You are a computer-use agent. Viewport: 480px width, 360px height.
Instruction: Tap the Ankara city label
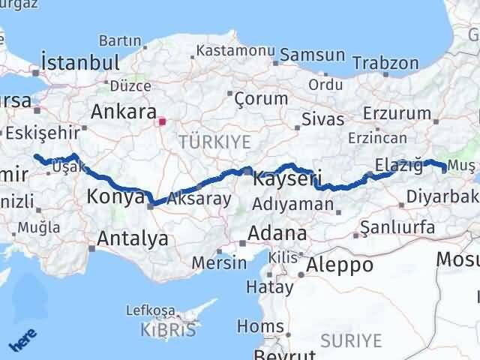(x=123, y=112)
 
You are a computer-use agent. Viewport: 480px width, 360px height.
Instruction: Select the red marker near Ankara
(x=162, y=118)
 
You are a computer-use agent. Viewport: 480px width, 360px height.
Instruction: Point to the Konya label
(x=116, y=197)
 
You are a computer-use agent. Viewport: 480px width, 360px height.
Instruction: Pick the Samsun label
(x=312, y=56)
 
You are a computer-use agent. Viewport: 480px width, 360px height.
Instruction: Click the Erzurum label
(x=397, y=113)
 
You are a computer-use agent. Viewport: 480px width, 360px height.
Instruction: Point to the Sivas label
(x=322, y=118)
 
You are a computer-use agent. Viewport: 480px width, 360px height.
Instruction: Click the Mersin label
(x=219, y=262)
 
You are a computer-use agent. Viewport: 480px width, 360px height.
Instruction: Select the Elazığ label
(x=397, y=166)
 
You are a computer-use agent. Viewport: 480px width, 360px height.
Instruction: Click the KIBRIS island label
(x=168, y=329)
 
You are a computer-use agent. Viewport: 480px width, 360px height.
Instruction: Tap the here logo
(x=22, y=342)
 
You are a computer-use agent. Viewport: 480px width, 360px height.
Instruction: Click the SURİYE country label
(x=351, y=340)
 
